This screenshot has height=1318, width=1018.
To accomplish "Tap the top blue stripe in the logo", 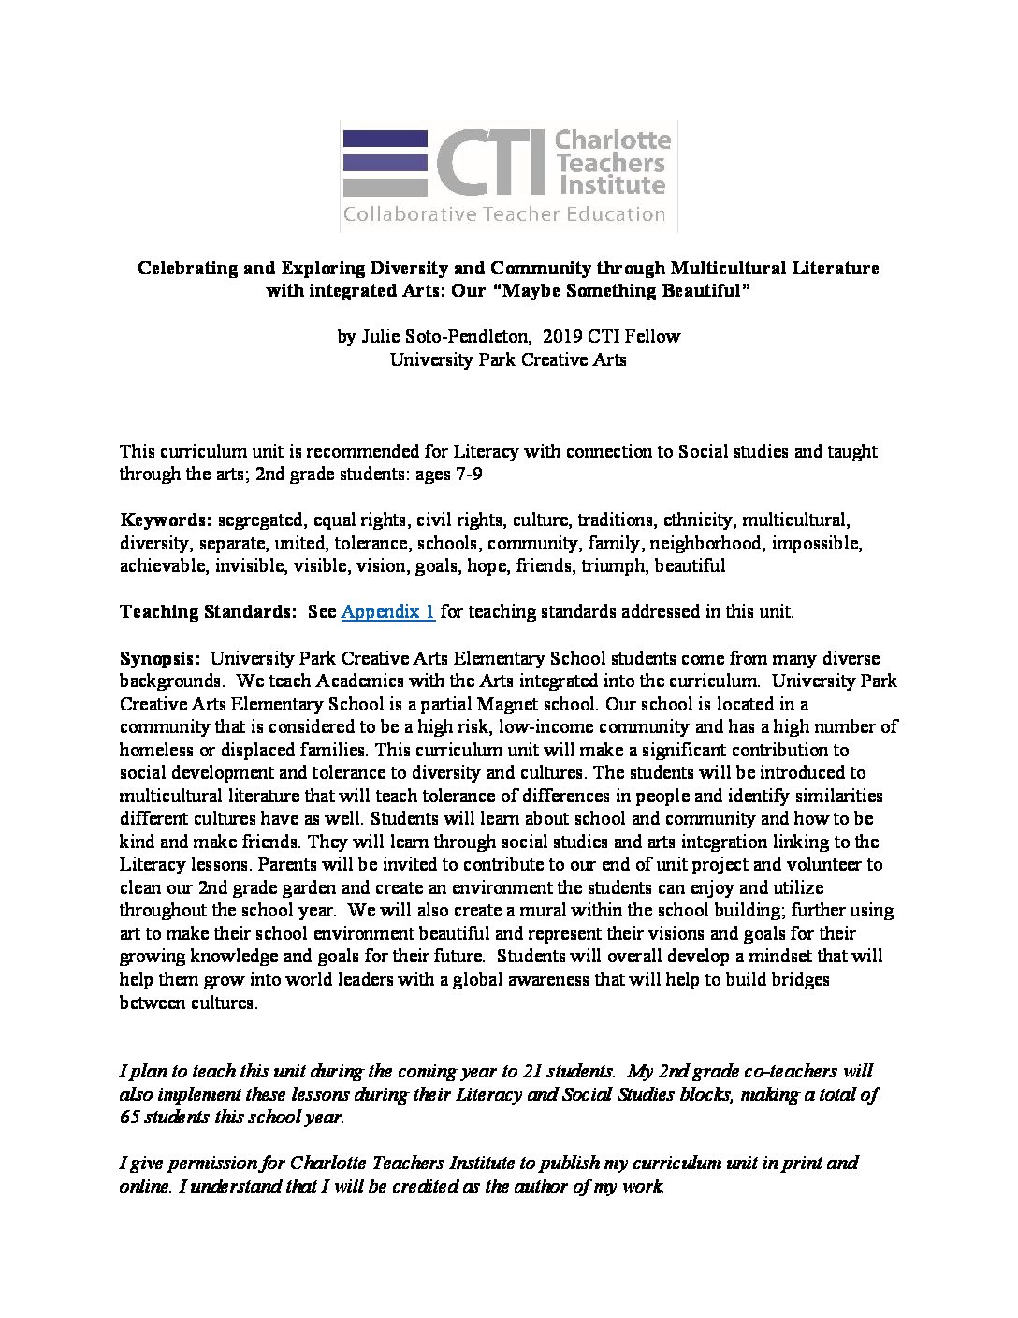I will coord(385,139).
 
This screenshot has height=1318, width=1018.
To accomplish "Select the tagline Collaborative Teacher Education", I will coord(503,214).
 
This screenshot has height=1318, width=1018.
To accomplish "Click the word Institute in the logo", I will coord(609,183).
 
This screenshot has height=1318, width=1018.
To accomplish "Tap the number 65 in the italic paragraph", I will coord(130,1117).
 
